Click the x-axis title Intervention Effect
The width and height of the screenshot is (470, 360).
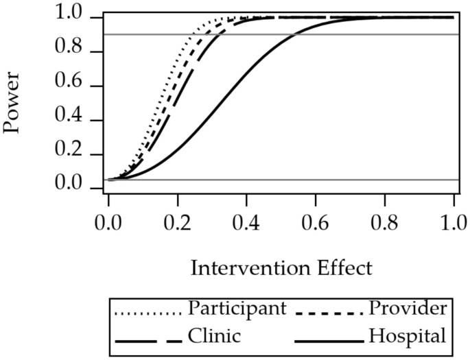click(x=281, y=267)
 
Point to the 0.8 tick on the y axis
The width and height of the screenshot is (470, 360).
click(x=80, y=52)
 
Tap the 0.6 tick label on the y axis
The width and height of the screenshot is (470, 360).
click(x=80, y=86)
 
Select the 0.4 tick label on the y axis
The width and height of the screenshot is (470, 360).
click(x=80, y=121)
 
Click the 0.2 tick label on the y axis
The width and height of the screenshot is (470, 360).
click(x=80, y=154)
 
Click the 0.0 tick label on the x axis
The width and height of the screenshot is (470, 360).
click(x=108, y=223)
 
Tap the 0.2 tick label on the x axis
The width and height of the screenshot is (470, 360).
click(x=178, y=223)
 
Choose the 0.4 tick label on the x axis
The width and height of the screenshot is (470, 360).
click(x=246, y=223)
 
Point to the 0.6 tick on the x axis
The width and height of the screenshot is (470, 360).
click(x=316, y=223)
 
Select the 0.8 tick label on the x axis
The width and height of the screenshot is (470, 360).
click(x=384, y=223)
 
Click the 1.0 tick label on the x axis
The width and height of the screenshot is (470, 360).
click(x=454, y=223)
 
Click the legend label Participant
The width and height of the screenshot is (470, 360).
click(x=237, y=309)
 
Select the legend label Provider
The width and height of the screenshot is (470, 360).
click(x=407, y=309)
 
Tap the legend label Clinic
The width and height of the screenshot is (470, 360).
click(x=209, y=337)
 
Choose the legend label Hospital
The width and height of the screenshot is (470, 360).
click(x=408, y=337)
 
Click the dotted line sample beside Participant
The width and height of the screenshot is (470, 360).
click(x=148, y=313)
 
